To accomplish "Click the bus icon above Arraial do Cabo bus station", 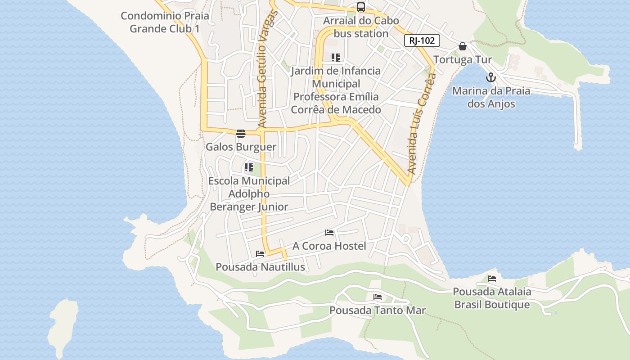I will tap(360, 7).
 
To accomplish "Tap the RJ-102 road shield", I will tap(422, 40).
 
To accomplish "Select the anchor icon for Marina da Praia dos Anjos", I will tap(490, 77).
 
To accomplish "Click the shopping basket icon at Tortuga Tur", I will tap(462, 46).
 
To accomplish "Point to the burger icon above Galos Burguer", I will tap(241, 134).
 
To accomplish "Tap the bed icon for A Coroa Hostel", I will tap(329, 233).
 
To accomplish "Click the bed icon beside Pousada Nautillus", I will tap(260, 254).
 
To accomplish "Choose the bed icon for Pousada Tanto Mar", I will tap(377, 297).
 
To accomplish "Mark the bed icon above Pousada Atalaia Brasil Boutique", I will tap(491, 279).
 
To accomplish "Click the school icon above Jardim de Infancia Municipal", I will tap(335, 58).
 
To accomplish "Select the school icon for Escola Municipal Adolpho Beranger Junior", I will tap(248, 168).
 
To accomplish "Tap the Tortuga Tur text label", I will tap(463, 60).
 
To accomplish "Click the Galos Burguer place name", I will tap(241, 147).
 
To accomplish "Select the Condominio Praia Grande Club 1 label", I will tap(165, 22).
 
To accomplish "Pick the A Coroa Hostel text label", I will tap(329, 246).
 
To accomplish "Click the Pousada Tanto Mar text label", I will tap(377, 310).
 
